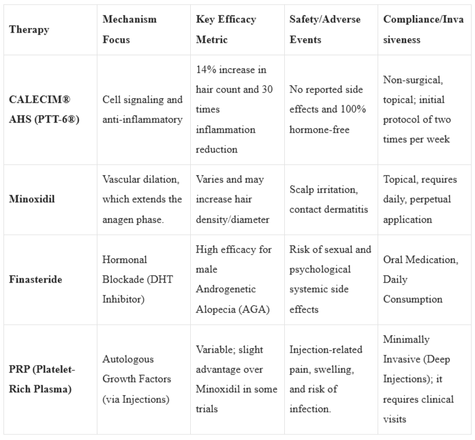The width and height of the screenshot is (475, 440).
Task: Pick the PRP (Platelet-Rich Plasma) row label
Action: click(44, 379)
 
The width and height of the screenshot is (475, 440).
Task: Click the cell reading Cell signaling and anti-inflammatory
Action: click(142, 109)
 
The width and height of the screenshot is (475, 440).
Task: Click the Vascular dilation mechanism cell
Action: click(142, 200)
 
